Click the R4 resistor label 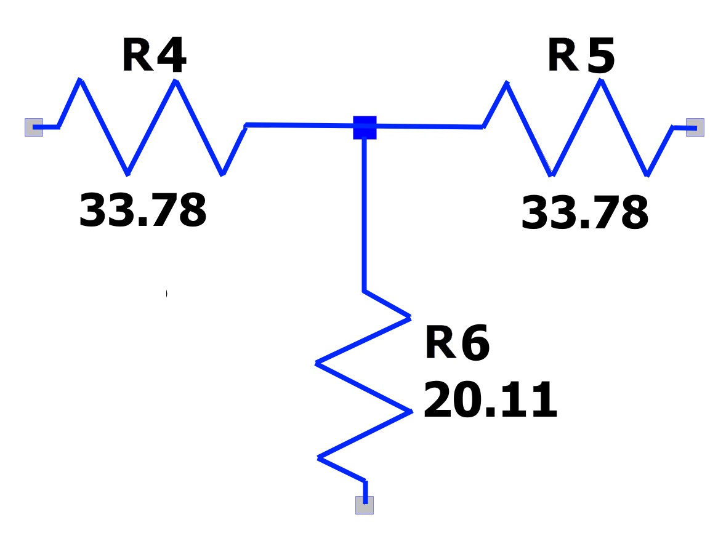(x=154, y=55)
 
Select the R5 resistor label (x=581, y=56)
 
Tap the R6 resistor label (x=457, y=343)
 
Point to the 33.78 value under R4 (x=143, y=210)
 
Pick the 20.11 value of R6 (x=490, y=400)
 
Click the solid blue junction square (x=365, y=127)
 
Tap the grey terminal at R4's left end (x=34, y=127)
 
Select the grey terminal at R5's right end (x=695, y=127)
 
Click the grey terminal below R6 (x=365, y=505)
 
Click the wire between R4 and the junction (x=299, y=126)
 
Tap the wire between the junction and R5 (x=430, y=126)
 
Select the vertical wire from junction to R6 (x=365, y=215)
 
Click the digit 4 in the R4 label (x=172, y=55)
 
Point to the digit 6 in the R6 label (x=475, y=343)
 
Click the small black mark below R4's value (x=166, y=294)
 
